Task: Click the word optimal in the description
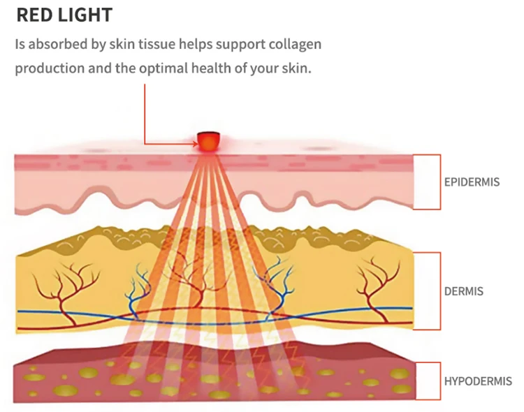click(x=163, y=68)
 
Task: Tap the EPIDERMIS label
click(x=472, y=182)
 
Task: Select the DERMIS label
click(x=463, y=291)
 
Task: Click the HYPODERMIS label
click(x=478, y=381)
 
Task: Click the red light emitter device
click(x=208, y=141)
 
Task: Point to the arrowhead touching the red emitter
click(x=195, y=144)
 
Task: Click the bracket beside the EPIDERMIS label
click(x=439, y=182)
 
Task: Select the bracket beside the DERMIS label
click(x=439, y=291)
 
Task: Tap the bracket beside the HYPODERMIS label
click(x=439, y=381)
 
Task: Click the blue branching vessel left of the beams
click(x=138, y=294)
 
